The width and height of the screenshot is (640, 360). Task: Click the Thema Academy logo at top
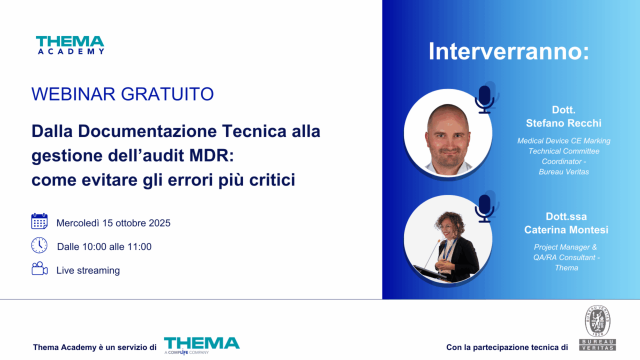70,45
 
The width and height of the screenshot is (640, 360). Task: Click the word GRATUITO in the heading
167,94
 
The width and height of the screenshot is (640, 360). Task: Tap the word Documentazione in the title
147,131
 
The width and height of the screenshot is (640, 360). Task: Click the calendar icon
39,221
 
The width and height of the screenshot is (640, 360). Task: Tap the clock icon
39,245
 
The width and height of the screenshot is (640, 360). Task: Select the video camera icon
39,268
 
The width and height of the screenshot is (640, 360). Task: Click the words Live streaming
88,270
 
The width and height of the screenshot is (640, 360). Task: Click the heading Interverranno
508,51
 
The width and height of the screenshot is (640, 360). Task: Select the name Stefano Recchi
563,123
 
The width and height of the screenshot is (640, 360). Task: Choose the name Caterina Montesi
566,229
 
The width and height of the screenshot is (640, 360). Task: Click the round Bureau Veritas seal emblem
597,320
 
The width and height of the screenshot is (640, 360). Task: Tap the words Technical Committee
564,151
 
